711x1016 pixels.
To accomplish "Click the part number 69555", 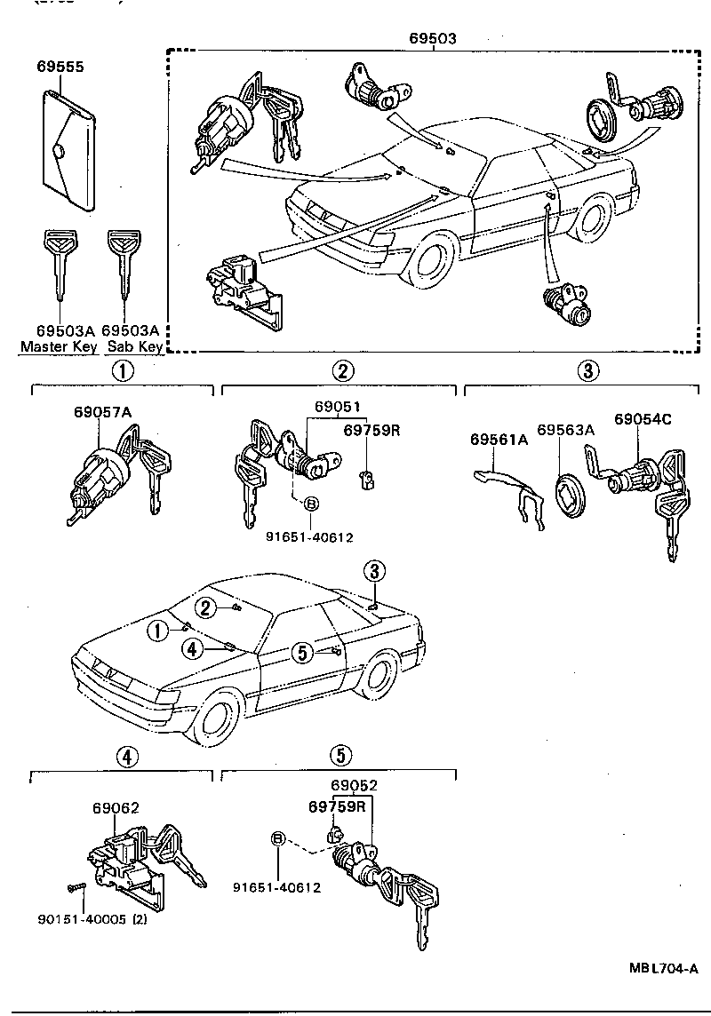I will [x=61, y=67].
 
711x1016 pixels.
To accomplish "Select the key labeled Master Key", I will [x=59, y=262].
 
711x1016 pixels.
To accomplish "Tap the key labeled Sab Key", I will [x=123, y=262].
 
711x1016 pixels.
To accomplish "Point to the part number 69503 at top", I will [x=434, y=39].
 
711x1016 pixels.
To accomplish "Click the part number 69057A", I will [x=102, y=412].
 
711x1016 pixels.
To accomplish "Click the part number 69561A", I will [x=499, y=440].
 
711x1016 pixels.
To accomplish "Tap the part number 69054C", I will [x=643, y=419].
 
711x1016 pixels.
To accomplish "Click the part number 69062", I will [x=116, y=808].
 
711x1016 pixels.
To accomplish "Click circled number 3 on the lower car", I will [x=376, y=570].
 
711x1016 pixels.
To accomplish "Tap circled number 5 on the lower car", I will [x=302, y=653].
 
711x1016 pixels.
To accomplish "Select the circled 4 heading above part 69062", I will [x=127, y=757].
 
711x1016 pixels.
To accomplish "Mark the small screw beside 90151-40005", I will [x=73, y=886].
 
